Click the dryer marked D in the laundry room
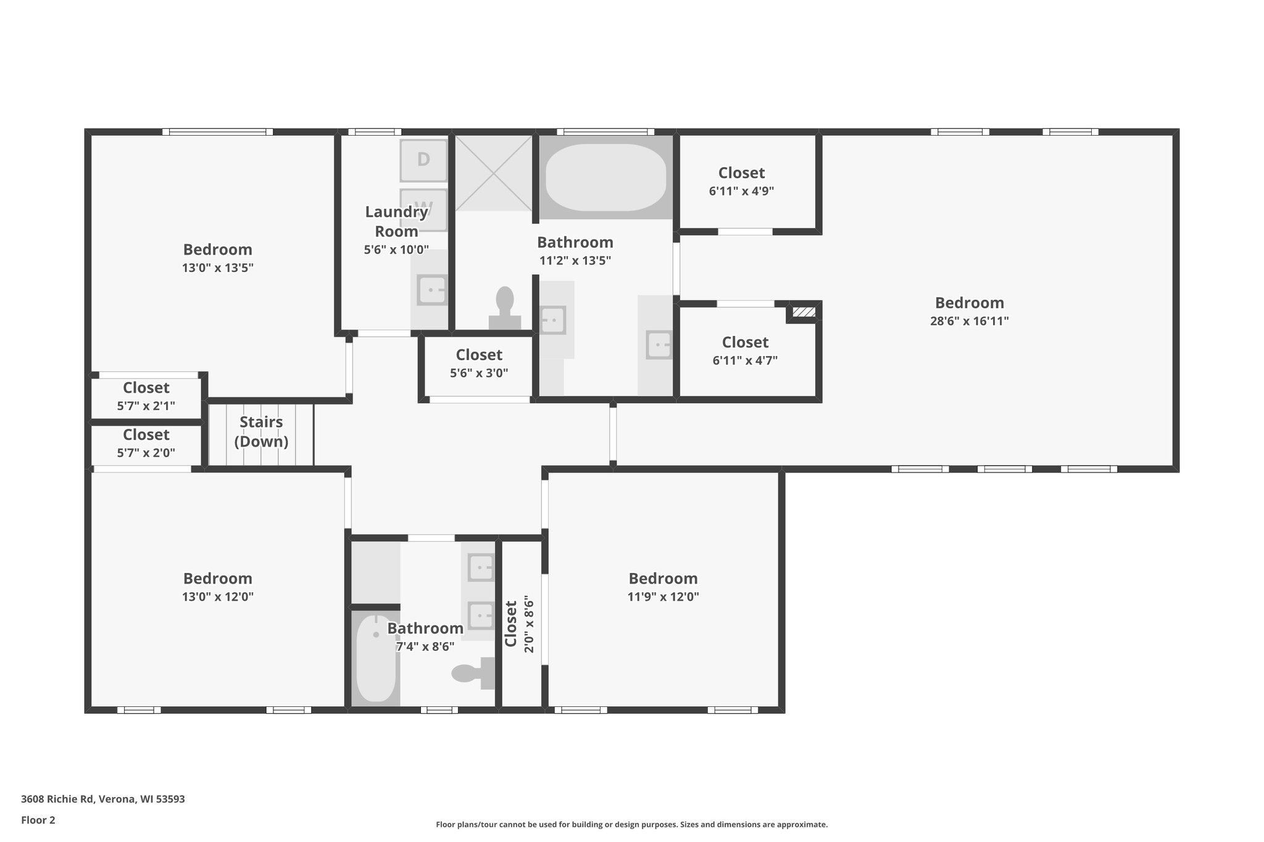(423, 160)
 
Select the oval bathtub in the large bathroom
(605, 178)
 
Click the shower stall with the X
(494, 173)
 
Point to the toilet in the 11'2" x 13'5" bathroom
(505, 305)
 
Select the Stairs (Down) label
(261, 432)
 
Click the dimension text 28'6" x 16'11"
(969, 321)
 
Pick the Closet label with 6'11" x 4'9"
(741, 173)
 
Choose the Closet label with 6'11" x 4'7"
(745, 342)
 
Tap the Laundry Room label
(396, 221)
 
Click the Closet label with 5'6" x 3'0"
(479, 355)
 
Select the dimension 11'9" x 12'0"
(663, 596)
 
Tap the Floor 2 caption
(38, 820)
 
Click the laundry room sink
(431, 290)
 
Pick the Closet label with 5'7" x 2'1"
(146, 388)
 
